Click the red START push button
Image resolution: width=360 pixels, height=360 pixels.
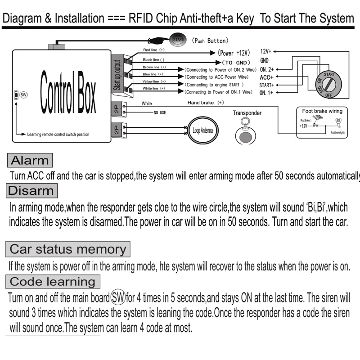click(178, 39)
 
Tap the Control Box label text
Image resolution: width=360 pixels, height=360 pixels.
click(67, 92)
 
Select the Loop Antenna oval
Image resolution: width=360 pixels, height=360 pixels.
click(201, 130)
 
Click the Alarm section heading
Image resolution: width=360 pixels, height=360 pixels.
click(30, 160)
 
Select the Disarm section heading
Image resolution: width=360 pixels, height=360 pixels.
click(31, 190)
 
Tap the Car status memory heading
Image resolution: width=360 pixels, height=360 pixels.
click(67, 249)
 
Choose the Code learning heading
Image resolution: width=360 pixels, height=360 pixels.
click(53, 282)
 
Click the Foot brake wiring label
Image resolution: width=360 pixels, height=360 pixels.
click(322, 111)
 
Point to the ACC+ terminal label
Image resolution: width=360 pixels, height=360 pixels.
click(267, 77)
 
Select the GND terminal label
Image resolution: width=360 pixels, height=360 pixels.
click(265, 60)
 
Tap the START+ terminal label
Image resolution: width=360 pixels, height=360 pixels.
click(267, 85)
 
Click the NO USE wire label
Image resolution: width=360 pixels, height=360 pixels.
click(160, 112)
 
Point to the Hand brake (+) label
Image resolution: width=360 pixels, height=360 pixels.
click(206, 103)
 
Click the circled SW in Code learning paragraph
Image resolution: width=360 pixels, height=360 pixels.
click(118, 297)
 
